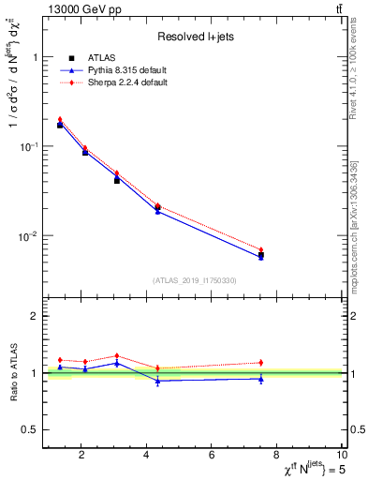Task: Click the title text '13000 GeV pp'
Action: (x=78, y=9)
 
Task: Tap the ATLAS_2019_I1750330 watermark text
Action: (x=195, y=280)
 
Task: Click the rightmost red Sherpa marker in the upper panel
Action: (x=261, y=249)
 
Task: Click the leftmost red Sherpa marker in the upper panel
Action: (x=60, y=119)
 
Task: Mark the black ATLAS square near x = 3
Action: (x=117, y=179)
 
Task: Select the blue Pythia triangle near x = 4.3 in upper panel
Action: (x=157, y=211)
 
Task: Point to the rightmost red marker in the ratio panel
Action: (x=261, y=362)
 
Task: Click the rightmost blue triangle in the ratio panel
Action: (x=261, y=379)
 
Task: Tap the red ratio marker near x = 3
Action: (x=117, y=355)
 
